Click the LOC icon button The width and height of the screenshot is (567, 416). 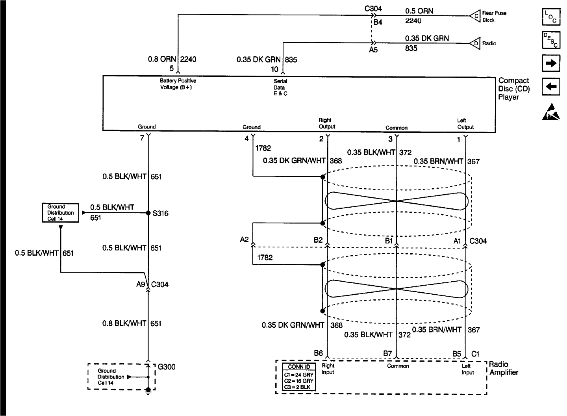[x=550, y=17]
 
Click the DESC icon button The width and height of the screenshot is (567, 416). [x=550, y=40]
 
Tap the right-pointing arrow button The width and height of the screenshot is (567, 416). [x=550, y=63]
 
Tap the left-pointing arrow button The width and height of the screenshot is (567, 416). [x=550, y=87]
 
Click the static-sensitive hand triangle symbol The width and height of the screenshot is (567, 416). [x=550, y=112]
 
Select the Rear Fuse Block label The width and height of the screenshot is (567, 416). [x=494, y=16]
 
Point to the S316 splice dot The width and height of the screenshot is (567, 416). [x=148, y=213]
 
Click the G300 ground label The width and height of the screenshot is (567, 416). [x=166, y=367]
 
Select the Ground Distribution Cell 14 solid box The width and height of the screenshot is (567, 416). [x=60, y=213]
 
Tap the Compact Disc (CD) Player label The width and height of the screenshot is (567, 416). [x=514, y=89]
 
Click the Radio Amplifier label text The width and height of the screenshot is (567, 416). [x=504, y=368]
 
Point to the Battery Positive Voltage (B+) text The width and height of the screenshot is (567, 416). [x=178, y=84]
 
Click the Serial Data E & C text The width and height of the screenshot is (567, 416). [x=280, y=87]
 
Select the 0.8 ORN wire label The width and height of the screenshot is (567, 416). [x=162, y=59]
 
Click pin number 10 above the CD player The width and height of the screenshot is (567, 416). [x=274, y=69]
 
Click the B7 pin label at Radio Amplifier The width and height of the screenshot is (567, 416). [x=387, y=353]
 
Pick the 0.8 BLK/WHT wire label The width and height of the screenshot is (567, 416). [x=124, y=323]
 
